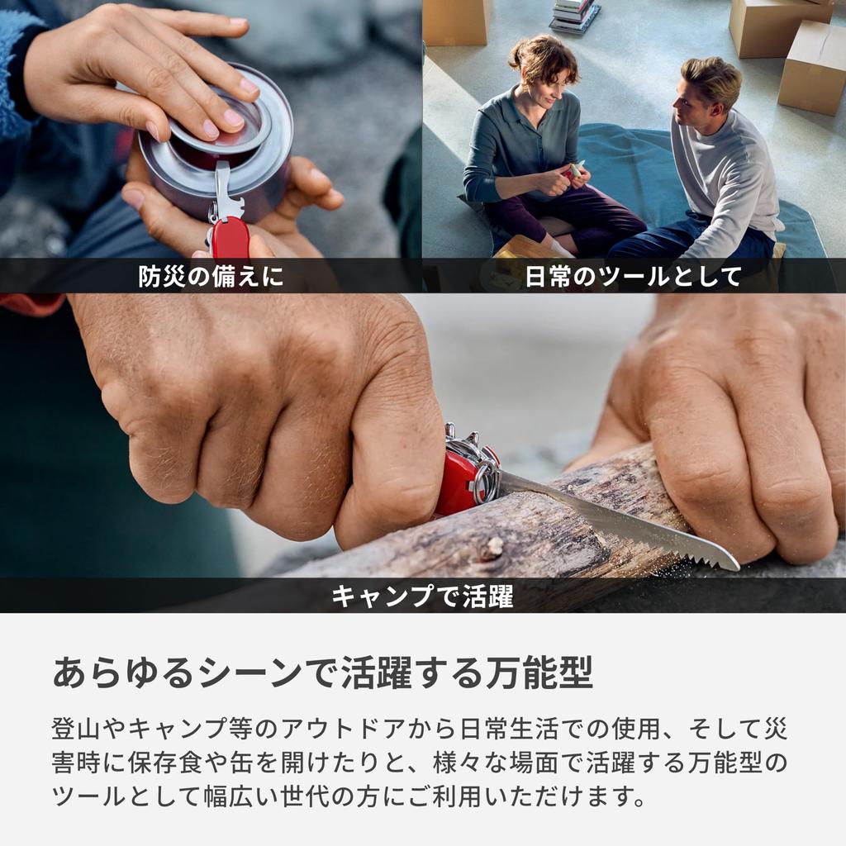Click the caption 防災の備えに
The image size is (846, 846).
pos(211,277)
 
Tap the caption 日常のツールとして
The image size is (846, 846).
pos(633,277)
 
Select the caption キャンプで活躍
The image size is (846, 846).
pos(422,596)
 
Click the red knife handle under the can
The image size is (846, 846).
pos(229,240)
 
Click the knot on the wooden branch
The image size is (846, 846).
pos(493,546)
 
